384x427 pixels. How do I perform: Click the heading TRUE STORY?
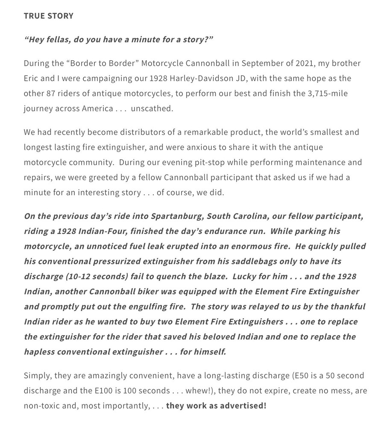tap(49, 16)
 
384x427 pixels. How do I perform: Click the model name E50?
tap(303, 375)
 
